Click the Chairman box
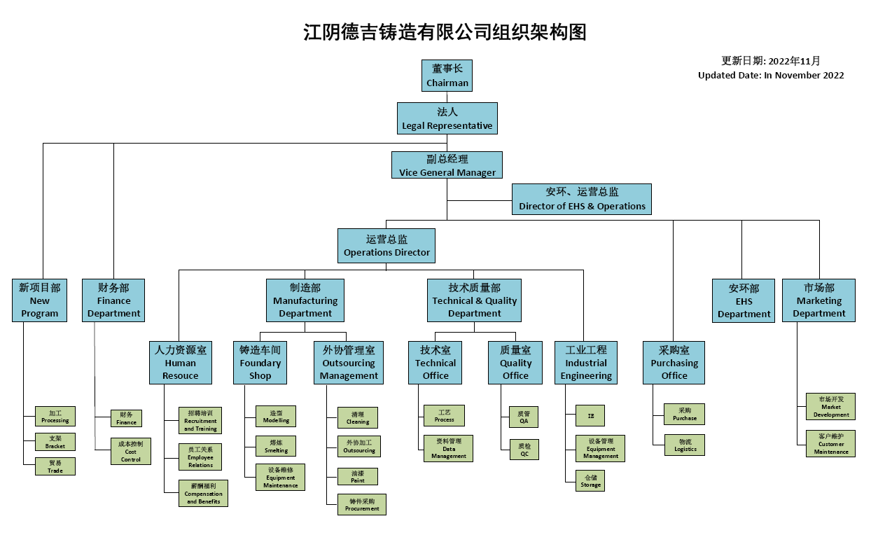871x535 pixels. tap(447, 76)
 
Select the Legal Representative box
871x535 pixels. tap(447, 118)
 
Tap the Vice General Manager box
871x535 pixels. tap(447, 165)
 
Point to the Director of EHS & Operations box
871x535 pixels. tap(582, 199)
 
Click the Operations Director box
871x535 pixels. tap(386, 245)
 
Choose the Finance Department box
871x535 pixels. tap(113, 300)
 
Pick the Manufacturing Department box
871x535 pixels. tap(305, 300)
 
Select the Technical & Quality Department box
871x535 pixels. tap(474, 300)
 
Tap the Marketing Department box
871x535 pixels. tap(818, 300)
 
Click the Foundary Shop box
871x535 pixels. tap(260, 363)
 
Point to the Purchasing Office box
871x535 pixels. tap(674, 363)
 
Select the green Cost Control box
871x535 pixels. tap(131, 451)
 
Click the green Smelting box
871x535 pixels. tap(276, 446)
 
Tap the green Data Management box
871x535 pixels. tap(448, 448)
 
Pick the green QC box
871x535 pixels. tap(524, 449)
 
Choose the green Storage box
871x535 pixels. tap(590, 480)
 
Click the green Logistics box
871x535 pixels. tap(685, 445)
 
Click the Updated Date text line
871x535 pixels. tap(771, 76)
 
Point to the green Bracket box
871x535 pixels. tap(55, 442)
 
